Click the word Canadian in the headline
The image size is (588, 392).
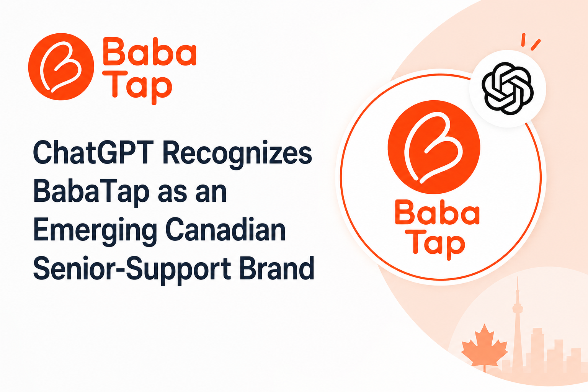click(x=225, y=229)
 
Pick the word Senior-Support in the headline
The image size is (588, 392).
click(x=132, y=270)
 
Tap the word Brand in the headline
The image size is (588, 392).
click(x=277, y=268)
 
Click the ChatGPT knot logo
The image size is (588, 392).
click(x=507, y=88)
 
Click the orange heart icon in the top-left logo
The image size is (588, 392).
click(x=61, y=67)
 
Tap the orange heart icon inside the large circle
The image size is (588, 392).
click(x=434, y=147)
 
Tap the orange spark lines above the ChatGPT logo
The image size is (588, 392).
click(x=531, y=42)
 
